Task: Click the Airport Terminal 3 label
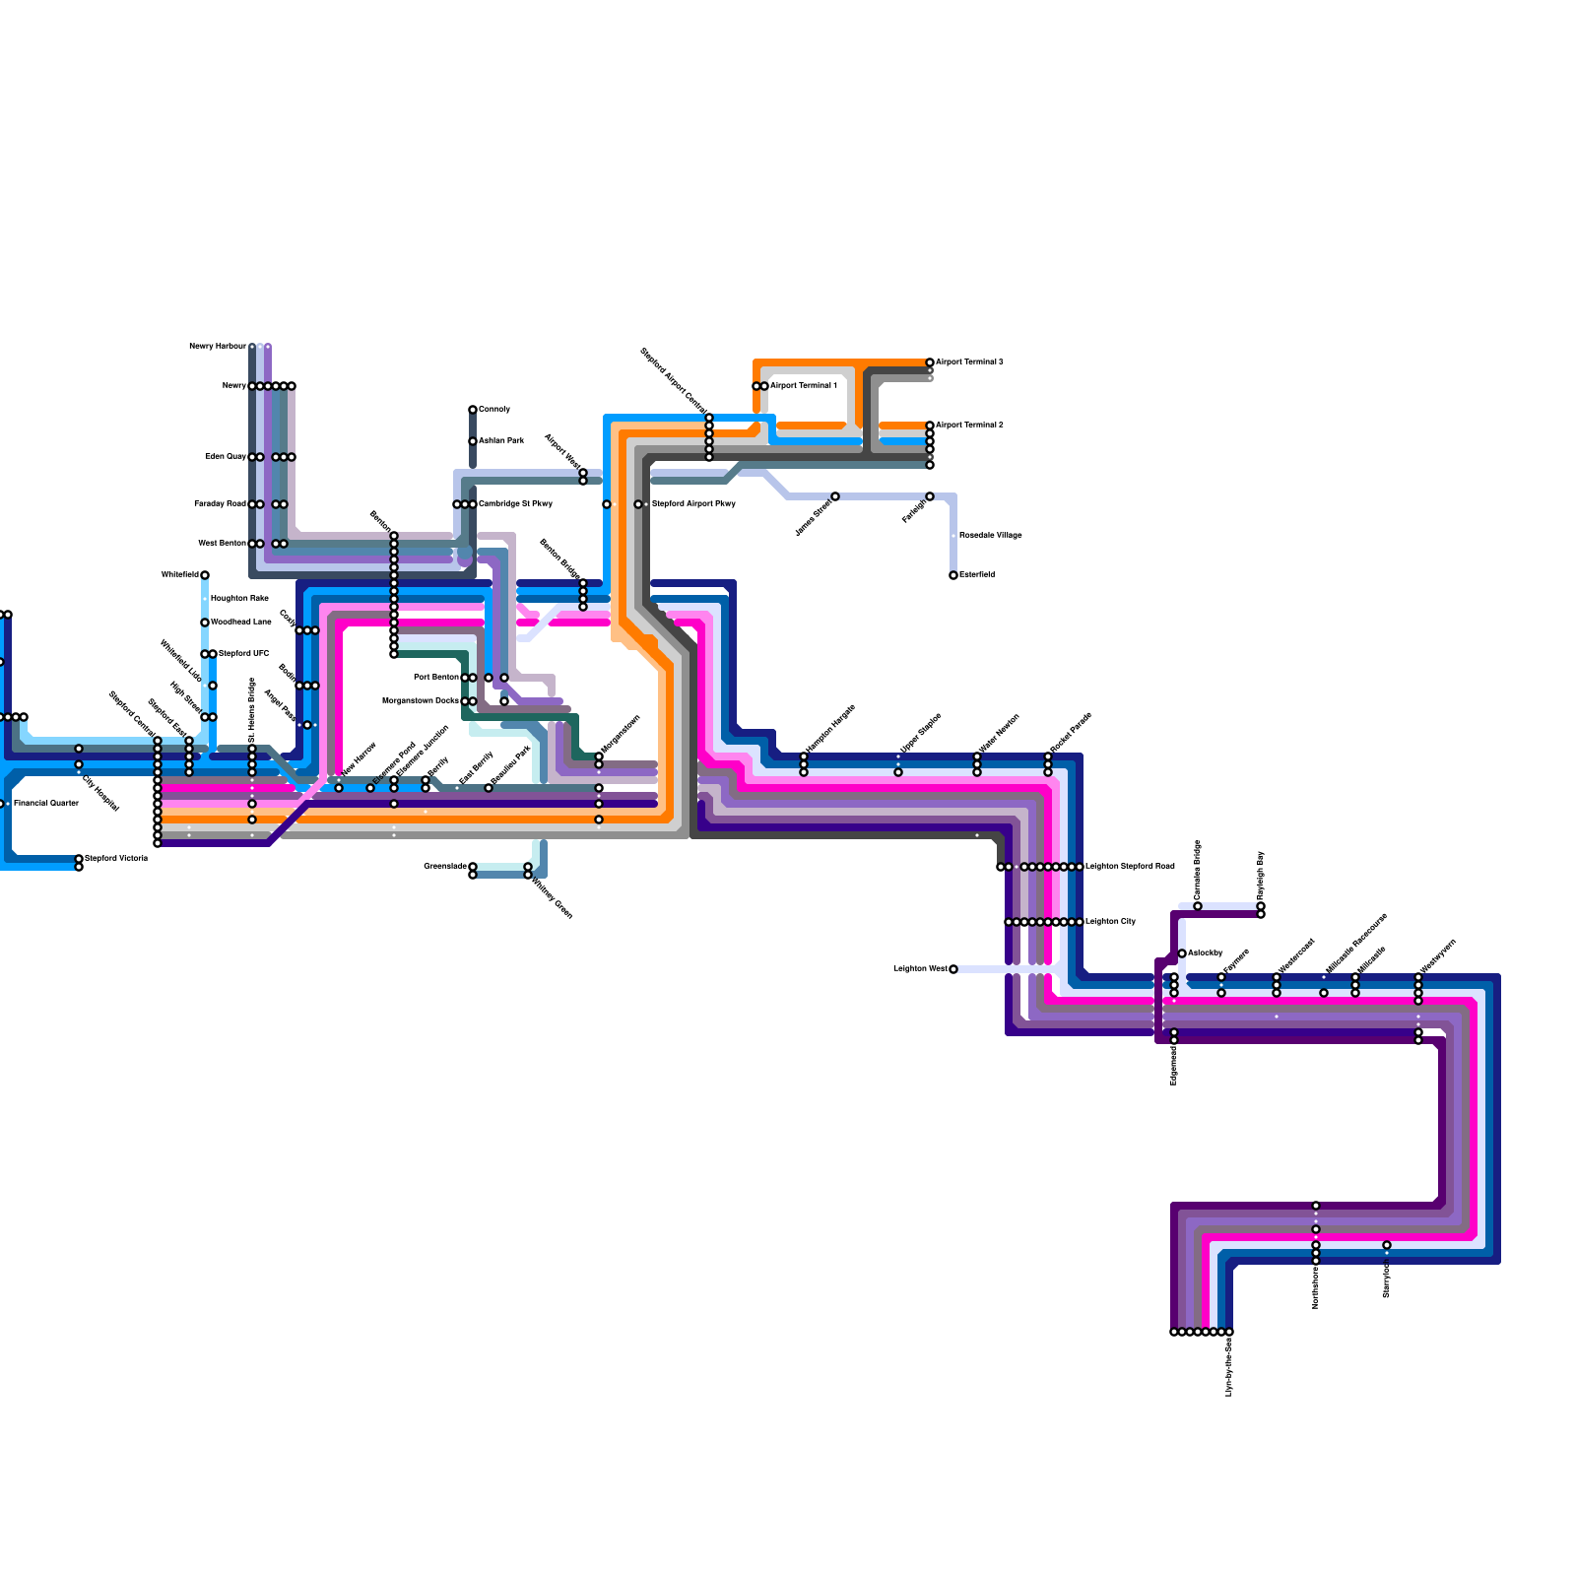pos(969,362)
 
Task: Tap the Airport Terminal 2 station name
pos(969,426)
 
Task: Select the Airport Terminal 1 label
pos(804,386)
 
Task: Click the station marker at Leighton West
pos(953,969)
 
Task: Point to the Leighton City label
pos(1110,922)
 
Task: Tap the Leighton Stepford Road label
pos(1130,867)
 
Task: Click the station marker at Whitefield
pos(205,575)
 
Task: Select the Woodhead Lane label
pos(241,623)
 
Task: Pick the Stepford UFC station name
pos(243,654)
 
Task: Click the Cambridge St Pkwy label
pos(515,504)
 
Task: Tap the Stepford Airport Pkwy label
pos(693,504)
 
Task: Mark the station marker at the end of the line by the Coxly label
pos(473,410)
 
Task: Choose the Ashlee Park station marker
pos(473,441)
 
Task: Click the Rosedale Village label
pos(991,536)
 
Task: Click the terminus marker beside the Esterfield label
pos(953,575)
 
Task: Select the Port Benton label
pos(436,678)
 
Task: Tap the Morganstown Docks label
pos(421,701)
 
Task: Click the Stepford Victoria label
pos(116,859)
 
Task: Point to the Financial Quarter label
pos(46,804)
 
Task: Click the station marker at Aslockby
pos(1182,953)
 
